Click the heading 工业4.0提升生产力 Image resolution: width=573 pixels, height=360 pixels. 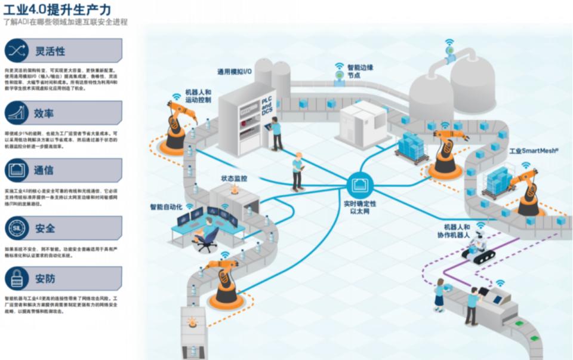click(57, 10)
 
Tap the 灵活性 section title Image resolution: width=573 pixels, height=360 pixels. click(50, 51)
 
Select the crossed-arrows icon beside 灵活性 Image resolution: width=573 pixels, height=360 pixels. click(16, 51)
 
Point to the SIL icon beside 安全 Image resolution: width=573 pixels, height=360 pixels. click(16, 228)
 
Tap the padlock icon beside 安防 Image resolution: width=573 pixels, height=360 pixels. click(16, 278)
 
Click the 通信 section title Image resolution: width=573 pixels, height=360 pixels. click(44, 170)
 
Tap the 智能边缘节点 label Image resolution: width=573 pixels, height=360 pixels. click(360, 72)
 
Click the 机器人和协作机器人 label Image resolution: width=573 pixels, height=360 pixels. click(457, 231)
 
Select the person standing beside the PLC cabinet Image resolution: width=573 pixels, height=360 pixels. click(276, 133)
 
